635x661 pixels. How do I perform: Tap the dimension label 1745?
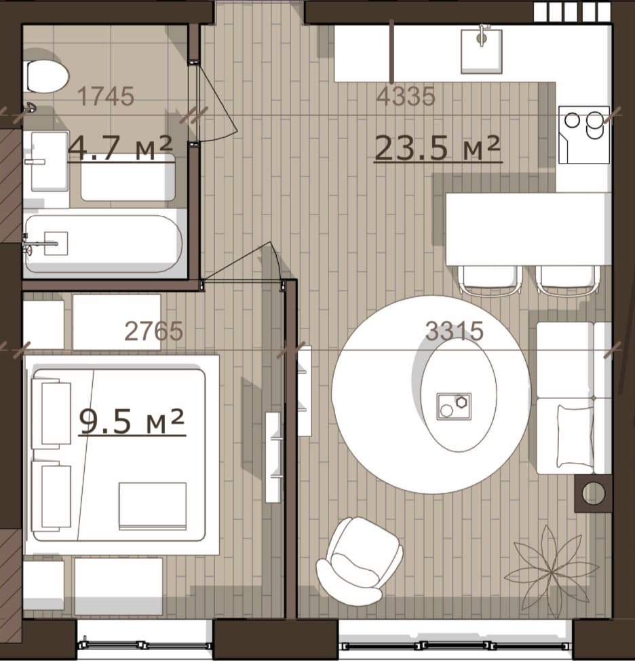point(107,96)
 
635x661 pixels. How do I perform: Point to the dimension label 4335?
point(405,96)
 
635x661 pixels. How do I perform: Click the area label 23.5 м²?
point(438,148)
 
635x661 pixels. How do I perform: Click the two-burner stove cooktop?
point(584,134)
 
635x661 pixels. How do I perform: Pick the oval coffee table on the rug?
point(459,395)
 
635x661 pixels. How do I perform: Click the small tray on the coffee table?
point(454,407)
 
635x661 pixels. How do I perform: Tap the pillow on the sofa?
point(575,436)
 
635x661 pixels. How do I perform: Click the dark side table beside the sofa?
point(594,493)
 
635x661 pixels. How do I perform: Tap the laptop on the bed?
point(153,506)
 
